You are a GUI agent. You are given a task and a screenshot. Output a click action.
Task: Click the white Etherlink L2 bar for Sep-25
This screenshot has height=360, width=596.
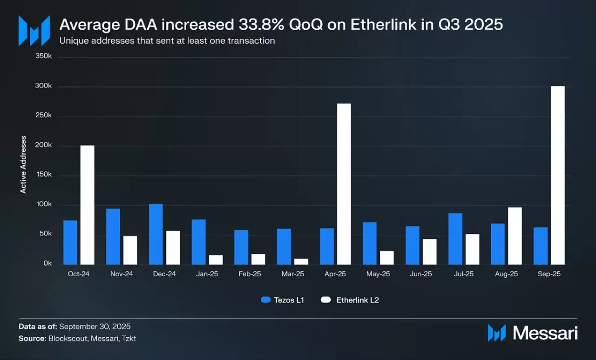[558, 175]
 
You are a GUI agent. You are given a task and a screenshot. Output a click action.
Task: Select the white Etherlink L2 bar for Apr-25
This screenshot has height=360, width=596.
[344, 184]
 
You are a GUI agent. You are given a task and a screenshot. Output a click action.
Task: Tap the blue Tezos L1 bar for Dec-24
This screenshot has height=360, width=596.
[156, 234]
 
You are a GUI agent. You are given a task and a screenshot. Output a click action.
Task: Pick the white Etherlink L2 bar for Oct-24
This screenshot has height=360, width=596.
[87, 205]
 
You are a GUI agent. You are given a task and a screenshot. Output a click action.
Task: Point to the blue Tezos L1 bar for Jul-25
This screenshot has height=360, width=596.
[455, 239]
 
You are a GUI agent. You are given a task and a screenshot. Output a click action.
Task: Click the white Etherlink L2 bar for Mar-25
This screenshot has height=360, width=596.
[301, 262]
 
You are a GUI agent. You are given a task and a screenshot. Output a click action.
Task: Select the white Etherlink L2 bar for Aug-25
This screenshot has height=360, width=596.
[515, 236]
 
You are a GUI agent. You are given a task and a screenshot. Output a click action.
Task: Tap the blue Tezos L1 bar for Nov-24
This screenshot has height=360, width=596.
[113, 237]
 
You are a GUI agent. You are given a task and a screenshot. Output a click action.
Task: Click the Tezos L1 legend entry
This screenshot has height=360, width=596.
[282, 300]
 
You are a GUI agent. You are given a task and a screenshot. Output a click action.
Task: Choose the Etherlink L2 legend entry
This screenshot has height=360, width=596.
[350, 300]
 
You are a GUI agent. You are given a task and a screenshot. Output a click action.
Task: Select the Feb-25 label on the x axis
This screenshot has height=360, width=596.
[250, 274]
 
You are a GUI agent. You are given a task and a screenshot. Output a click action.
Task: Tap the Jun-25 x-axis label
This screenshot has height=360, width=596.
[421, 274]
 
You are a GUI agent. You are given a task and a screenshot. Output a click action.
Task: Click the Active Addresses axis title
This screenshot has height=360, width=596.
[23, 164]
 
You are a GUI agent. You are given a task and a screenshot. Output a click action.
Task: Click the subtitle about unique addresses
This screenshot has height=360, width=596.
[167, 41]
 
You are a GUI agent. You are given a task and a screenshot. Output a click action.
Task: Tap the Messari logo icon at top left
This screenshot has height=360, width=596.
[34, 31]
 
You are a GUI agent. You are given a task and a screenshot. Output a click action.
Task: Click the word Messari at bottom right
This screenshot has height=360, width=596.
[545, 333]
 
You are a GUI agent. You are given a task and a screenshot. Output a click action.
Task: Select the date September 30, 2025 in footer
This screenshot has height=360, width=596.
[95, 326]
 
